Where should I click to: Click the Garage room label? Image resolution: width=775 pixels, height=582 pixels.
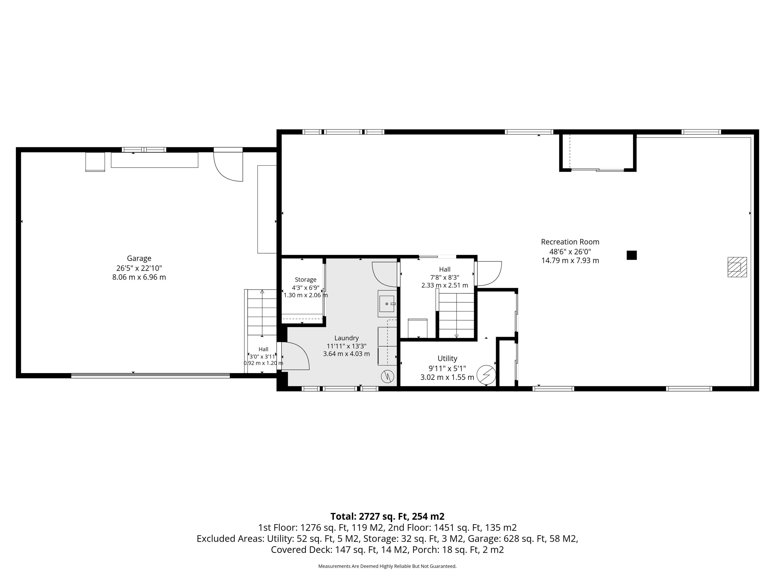[139, 258]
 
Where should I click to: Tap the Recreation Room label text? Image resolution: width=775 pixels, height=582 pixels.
[570, 242]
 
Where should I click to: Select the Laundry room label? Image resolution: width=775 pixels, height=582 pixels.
[347, 338]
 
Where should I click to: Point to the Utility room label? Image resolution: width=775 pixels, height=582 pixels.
[447, 358]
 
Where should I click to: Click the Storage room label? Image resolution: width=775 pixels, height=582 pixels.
[306, 280]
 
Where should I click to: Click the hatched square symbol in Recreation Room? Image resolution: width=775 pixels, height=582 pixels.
[737, 267]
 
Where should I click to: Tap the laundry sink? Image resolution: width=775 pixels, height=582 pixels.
[387, 304]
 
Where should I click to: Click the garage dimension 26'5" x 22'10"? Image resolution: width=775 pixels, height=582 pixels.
[139, 268]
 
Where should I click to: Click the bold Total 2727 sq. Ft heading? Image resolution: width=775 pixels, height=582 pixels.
[387, 516]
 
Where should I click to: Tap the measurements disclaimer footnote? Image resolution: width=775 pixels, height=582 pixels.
[387, 566]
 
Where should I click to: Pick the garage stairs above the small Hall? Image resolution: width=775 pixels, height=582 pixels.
[262, 312]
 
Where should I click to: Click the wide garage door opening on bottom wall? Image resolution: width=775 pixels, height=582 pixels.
[151, 375]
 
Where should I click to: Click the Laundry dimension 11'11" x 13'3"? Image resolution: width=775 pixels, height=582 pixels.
[347, 346]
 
